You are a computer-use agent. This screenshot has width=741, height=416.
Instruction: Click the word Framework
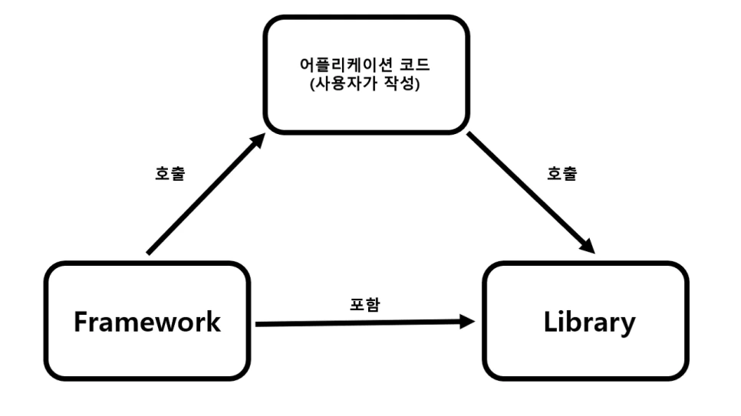[147, 322]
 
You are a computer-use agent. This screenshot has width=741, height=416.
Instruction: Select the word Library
[589, 322]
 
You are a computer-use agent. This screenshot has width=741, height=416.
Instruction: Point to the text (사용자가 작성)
[364, 84]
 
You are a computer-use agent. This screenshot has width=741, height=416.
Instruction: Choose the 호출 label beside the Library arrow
[562, 173]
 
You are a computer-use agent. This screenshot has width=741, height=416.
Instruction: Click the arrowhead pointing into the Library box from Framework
[468, 322]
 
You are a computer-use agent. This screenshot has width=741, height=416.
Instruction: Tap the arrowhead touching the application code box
[258, 141]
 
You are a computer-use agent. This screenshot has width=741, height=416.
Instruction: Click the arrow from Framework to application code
[203, 195]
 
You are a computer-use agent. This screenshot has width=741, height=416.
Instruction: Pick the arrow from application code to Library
[529, 192]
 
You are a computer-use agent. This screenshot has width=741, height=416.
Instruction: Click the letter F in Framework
[81, 322]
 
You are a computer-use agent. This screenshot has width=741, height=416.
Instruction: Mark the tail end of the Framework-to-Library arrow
[259, 324]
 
